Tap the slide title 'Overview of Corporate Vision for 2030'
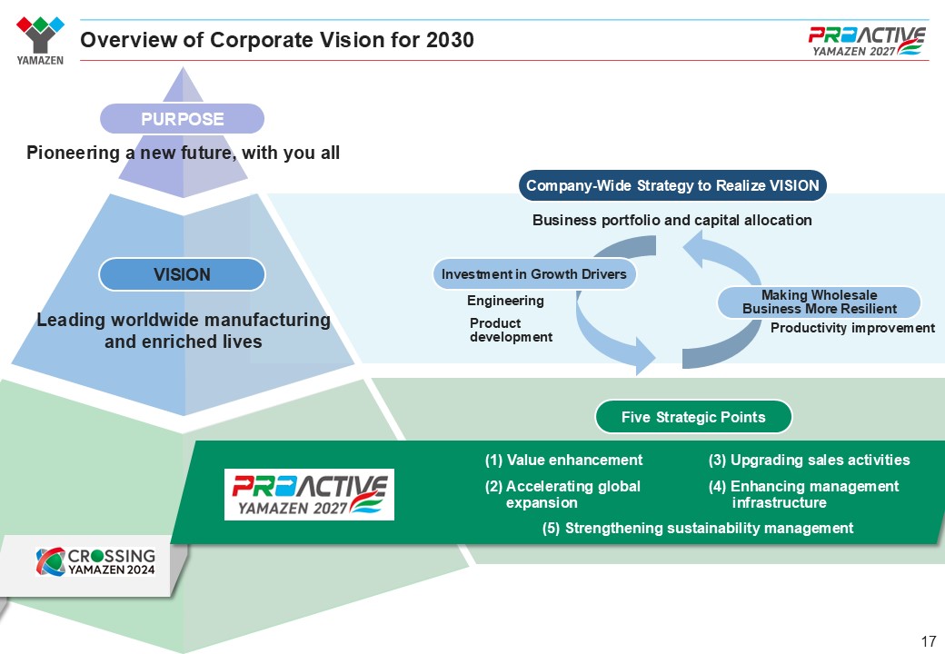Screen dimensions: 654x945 277,41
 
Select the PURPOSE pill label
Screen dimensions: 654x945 182,119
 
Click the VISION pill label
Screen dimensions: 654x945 182,274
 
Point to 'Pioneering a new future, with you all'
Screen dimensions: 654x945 183,154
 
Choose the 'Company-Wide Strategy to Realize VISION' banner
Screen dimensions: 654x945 673,186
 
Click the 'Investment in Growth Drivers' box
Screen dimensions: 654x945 532,274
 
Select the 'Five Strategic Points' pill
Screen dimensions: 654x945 693,418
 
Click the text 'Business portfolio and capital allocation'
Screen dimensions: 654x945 671,221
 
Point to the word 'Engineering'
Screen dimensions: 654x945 505,301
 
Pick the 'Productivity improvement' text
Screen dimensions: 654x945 852,328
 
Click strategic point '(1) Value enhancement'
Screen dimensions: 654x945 563,461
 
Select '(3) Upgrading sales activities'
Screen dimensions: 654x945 809,461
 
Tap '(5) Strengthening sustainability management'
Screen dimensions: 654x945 698,529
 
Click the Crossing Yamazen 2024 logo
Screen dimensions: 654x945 95,561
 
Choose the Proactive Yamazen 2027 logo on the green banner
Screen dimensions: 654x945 309,494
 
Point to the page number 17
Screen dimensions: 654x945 928,641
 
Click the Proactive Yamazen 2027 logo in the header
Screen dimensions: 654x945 867,41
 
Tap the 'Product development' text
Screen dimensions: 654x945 511,330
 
